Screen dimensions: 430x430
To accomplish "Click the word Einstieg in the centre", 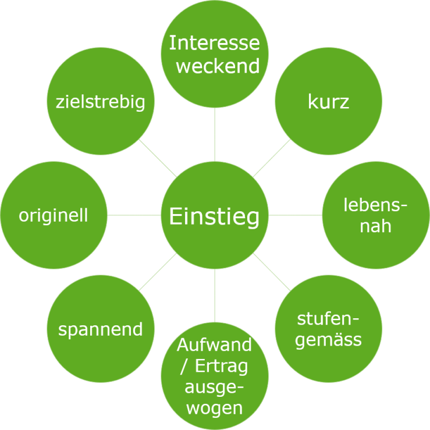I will (214, 216).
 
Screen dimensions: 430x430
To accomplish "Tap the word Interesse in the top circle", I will (214, 43).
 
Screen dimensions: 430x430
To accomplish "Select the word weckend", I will (218, 66).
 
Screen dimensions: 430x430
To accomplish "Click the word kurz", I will (328, 102).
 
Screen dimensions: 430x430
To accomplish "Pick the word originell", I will (54, 215).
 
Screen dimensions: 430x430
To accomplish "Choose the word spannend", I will (100, 329).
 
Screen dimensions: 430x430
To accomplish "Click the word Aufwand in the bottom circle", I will (214, 344).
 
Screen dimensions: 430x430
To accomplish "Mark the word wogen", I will (215, 408).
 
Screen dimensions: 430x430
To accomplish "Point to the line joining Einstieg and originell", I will (134, 215).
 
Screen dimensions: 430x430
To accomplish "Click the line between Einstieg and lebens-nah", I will (295, 215).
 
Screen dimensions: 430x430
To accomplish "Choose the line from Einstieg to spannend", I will (158, 272).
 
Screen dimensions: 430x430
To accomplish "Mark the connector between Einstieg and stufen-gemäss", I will (271, 272).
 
